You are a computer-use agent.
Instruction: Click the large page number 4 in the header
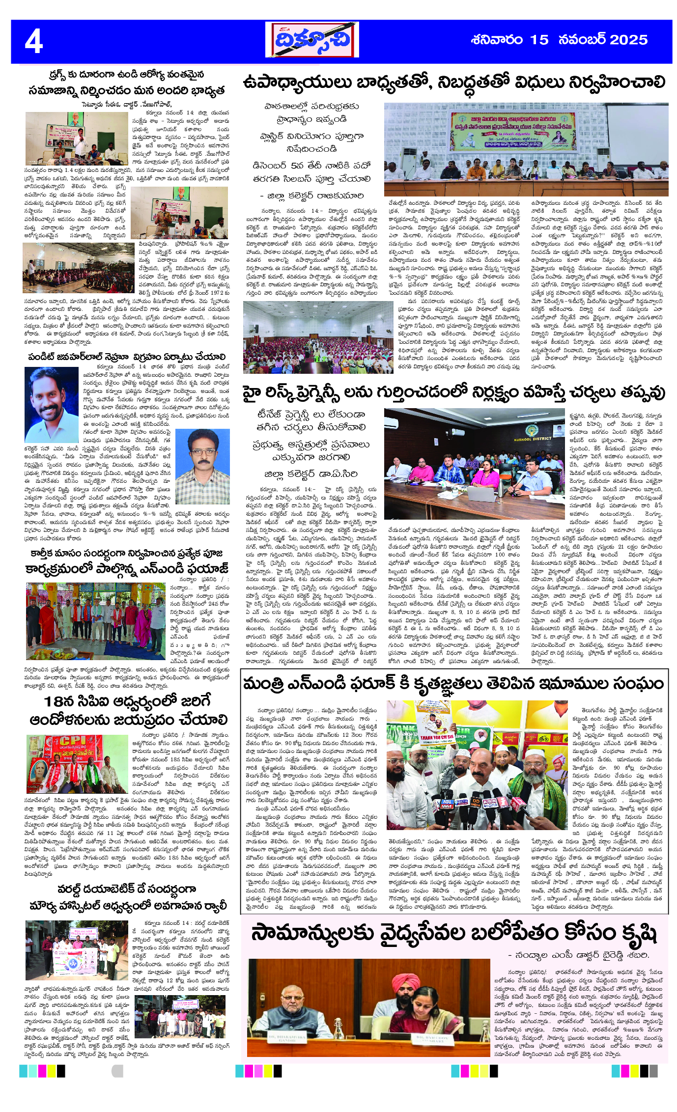pyautogui.click(x=34, y=41)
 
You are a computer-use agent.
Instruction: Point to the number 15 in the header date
pyautogui.click(x=539, y=40)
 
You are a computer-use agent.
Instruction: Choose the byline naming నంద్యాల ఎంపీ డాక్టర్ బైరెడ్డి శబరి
pyautogui.click(x=579, y=955)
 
